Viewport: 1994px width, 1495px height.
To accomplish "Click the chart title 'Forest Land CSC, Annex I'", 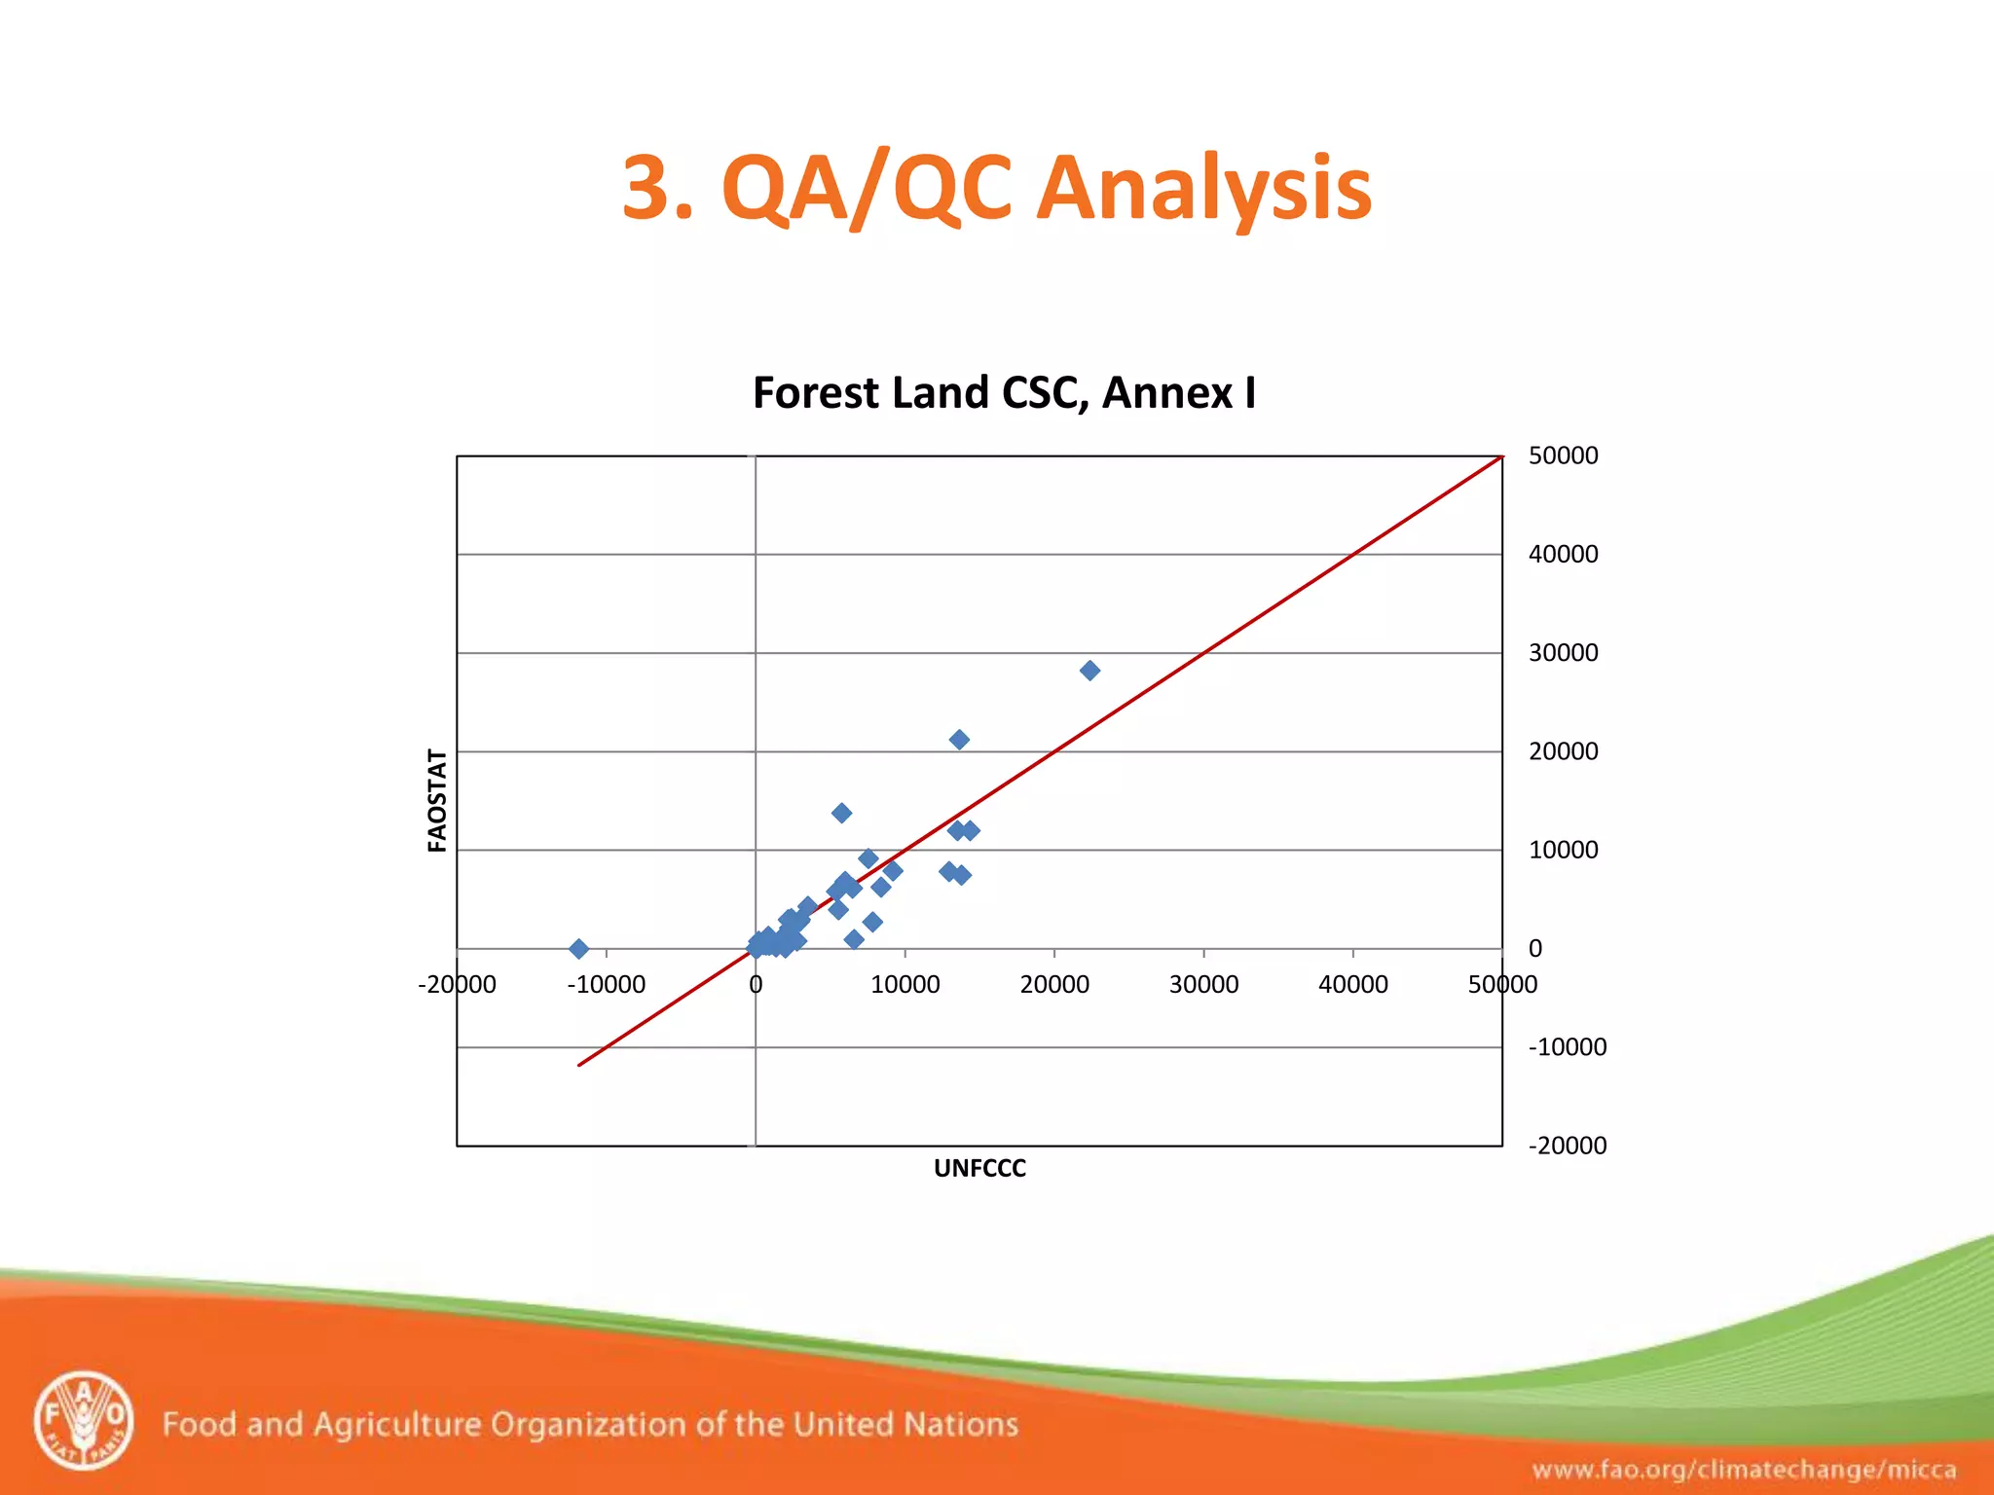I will click(1004, 393).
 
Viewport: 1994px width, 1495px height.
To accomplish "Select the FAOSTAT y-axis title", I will click(437, 800).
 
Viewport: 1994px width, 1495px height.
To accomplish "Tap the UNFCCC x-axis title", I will click(979, 1168).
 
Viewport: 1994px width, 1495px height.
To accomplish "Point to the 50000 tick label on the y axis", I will click(1563, 456).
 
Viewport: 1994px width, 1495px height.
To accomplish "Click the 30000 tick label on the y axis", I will click(1563, 652).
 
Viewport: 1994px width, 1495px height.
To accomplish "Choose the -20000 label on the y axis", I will click(1567, 1146).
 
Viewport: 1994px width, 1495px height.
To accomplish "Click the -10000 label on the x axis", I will click(606, 984).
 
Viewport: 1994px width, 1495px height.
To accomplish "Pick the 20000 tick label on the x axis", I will click(1054, 984).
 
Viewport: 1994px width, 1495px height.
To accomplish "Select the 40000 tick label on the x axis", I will click(1352, 984).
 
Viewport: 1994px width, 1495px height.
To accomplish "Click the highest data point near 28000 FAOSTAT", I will click(1089, 671).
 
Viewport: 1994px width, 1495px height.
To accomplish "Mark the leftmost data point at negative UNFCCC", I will click(578, 948).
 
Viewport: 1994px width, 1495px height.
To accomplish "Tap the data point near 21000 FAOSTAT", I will click(959, 740).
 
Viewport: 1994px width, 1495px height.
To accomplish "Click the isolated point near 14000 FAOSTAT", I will click(842, 813).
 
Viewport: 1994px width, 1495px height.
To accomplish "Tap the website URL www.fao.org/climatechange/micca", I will click(1744, 1470).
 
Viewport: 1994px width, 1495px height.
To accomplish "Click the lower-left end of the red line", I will click(580, 1065).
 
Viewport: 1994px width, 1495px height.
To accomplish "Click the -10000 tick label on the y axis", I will click(1567, 1047).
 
